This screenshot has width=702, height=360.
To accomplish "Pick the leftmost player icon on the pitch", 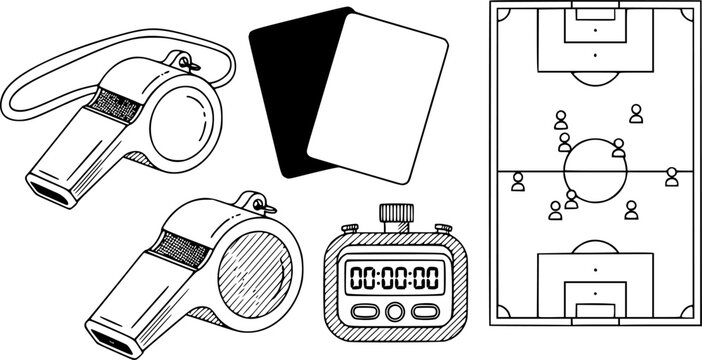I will (x=518, y=182).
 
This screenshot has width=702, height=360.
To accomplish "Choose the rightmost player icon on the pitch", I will (x=672, y=178).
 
